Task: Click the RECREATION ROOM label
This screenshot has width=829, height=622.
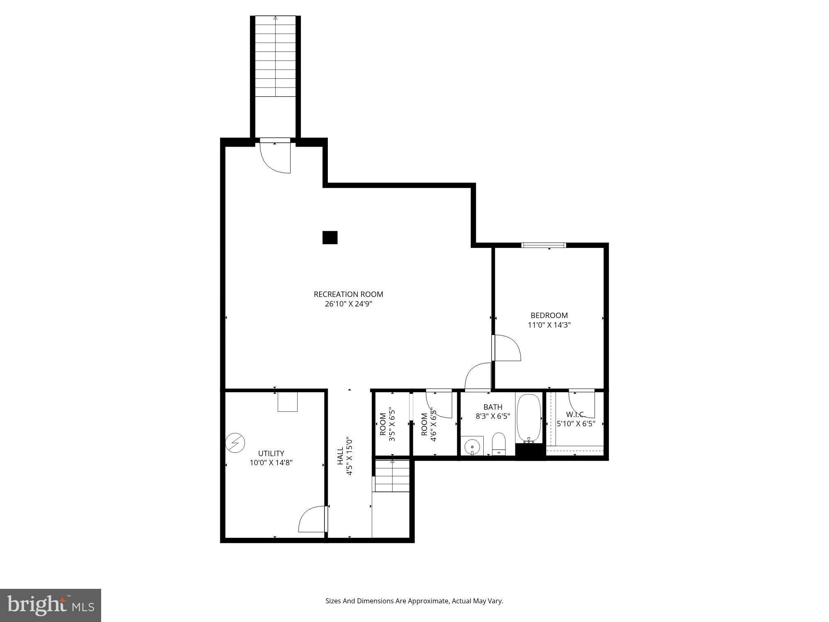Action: (348, 294)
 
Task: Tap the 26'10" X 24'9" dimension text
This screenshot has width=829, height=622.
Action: (348, 304)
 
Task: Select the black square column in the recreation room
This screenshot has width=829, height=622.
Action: (330, 238)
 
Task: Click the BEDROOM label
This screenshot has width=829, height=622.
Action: (549, 315)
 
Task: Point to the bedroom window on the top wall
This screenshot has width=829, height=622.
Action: (543, 245)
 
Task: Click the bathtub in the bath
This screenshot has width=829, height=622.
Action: (529, 418)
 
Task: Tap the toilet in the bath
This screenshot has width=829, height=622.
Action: (499, 444)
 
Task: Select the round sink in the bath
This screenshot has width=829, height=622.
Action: (472, 447)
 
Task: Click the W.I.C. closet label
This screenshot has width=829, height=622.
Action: (575, 414)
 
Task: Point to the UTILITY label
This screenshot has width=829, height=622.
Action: (271, 453)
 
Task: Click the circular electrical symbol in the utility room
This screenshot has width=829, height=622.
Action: (235, 443)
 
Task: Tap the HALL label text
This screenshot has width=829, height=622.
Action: (340, 455)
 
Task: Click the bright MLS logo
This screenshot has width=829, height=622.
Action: (51, 605)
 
